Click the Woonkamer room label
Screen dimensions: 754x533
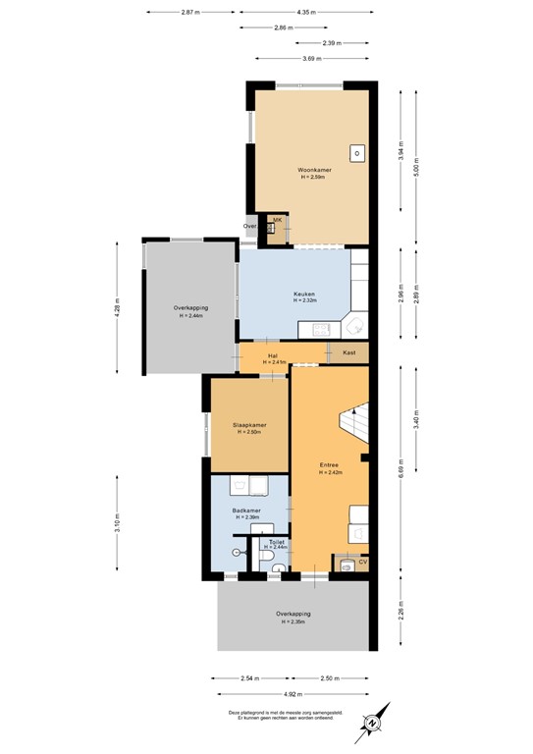[x=314, y=170]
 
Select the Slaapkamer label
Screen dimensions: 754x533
[x=249, y=425]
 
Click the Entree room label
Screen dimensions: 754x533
[x=330, y=465]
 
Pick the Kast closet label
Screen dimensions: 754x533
[x=348, y=351]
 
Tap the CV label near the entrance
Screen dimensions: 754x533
[x=362, y=562]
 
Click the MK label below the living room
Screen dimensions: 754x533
[x=277, y=219]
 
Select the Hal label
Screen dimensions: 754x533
[x=274, y=355]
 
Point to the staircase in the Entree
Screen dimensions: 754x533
[x=353, y=422]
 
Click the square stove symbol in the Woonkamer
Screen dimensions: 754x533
[x=358, y=153]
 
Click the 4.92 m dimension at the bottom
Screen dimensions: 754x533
[x=293, y=693]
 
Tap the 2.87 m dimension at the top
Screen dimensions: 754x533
[x=190, y=12]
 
